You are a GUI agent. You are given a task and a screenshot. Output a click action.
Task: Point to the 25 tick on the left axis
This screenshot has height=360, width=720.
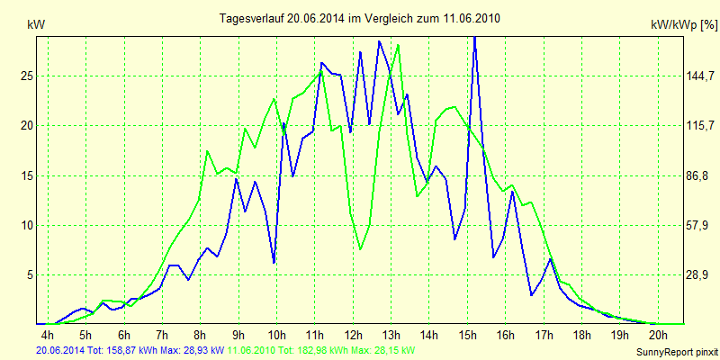click(27, 76)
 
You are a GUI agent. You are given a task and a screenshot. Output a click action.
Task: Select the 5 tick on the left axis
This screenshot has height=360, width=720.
click(30, 274)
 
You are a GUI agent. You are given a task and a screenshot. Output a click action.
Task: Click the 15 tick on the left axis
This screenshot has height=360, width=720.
click(27, 175)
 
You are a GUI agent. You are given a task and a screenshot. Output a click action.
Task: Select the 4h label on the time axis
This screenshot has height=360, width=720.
click(48, 336)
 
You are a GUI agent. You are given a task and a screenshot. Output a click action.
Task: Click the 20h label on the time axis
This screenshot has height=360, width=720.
click(658, 336)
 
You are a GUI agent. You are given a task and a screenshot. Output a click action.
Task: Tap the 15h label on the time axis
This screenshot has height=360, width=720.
click(468, 336)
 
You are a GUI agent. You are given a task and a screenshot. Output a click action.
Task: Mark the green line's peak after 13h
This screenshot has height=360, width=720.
click(398, 46)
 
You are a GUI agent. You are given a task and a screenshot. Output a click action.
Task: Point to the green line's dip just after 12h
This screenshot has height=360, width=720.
click(360, 248)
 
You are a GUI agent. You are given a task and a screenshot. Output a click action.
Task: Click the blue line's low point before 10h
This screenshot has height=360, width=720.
click(274, 262)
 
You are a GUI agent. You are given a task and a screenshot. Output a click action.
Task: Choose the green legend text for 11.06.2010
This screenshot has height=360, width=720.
click(323, 350)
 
